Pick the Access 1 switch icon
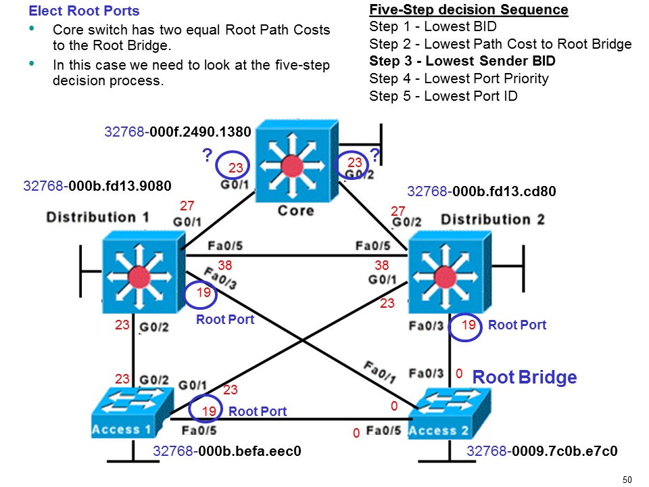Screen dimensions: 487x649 (130, 413)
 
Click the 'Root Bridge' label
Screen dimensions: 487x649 (524, 377)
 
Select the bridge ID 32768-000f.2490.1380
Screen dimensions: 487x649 (178, 132)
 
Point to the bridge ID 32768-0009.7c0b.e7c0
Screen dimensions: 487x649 (542, 451)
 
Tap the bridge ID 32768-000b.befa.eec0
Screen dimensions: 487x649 (226, 451)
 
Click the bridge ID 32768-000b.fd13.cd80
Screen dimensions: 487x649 (481, 191)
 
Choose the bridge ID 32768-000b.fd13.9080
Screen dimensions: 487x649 (97, 185)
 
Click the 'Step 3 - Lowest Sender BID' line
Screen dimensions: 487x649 (462, 62)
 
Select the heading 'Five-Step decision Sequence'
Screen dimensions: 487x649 (468, 10)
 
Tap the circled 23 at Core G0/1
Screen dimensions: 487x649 (234, 166)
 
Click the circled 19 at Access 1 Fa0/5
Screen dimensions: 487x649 (208, 411)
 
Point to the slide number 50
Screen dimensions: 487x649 (626, 480)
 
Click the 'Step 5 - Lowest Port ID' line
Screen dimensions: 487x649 (443, 96)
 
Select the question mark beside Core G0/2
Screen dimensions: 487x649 (376, 156)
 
